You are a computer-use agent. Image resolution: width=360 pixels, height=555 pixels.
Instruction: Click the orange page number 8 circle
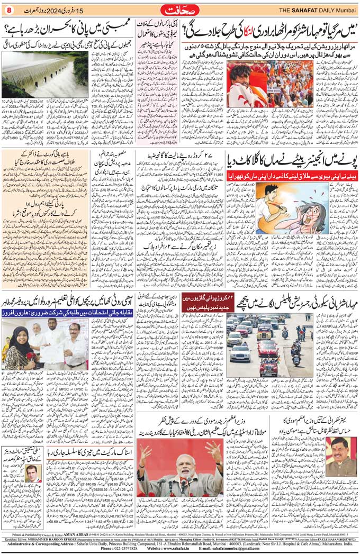click(8, 10)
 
